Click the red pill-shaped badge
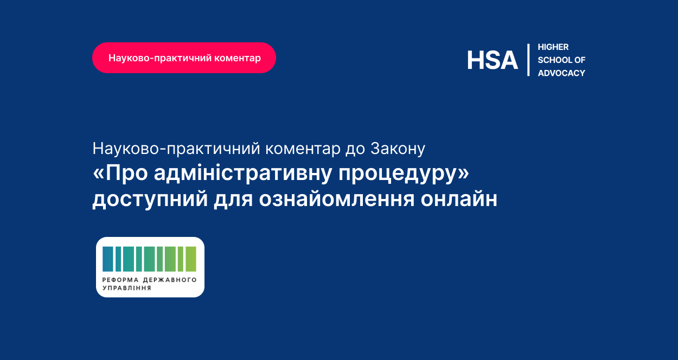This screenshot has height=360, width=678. coord(184,58)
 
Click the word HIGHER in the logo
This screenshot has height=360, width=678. coord(553,47)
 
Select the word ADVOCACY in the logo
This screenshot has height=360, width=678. coord(561,73)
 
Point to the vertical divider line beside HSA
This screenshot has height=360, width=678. coord(528,60)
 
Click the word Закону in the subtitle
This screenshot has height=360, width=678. coord(398,149)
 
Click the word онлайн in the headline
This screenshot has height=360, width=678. coord(459,199)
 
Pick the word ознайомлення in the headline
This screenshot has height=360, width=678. coord(337,200)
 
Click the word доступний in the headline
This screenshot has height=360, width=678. coord(150,200)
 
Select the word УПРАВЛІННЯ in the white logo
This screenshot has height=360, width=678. coord(127,288)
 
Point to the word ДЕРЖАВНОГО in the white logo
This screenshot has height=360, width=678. coord(170,280)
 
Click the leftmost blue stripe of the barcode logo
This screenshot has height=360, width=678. coord(108,259)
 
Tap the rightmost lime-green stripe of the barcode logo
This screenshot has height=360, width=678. coord(191,259)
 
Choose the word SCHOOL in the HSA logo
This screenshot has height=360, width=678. coord(555,60)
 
